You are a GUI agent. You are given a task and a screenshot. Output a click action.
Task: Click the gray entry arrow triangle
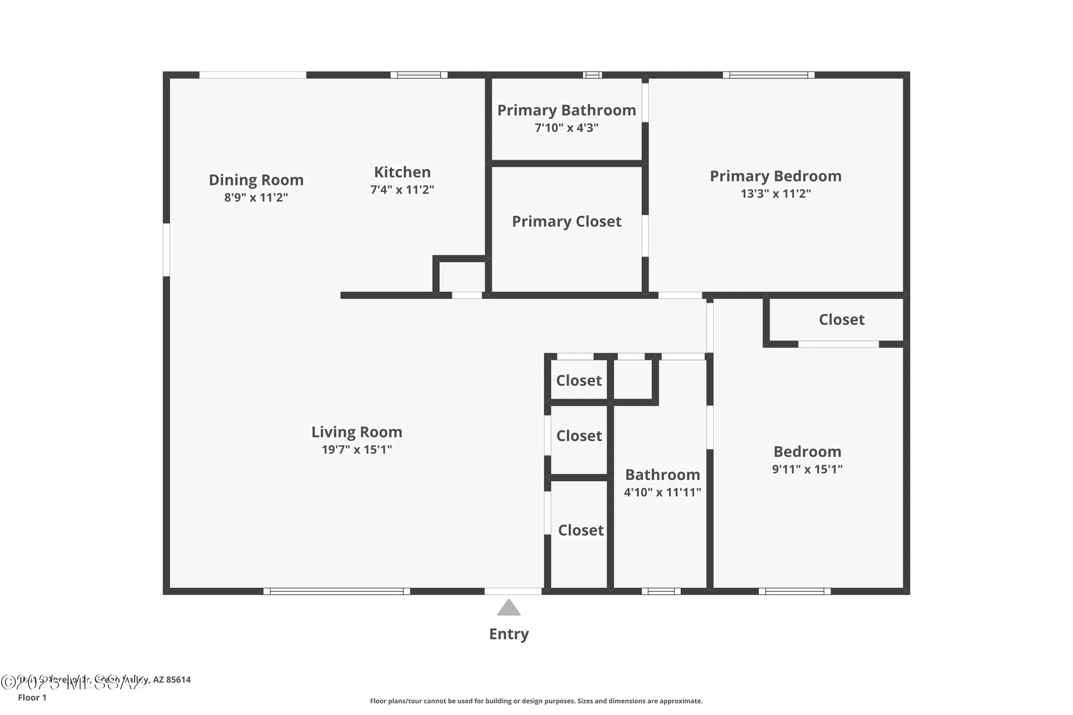pyautogui.click(x=509, y=608)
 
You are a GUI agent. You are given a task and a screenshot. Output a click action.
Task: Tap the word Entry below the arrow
pyautogui.click(x=509, y=634)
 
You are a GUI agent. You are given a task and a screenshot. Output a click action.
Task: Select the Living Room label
pyautogui.click(x=357, y=432)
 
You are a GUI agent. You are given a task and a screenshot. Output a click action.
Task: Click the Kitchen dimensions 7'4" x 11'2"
pyautogui.click(x=402, y=190)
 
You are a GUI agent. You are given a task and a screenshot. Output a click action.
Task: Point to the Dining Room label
pyautogui.click(x=256, y=180)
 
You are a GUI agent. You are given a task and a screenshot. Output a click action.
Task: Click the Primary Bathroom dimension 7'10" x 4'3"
pyautogui.click(x=567, y=128)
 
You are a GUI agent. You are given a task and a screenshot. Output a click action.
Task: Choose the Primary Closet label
pyautogui.click(x=567, y=222)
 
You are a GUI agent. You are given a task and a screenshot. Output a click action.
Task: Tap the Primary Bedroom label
pyautogui.click(x=775, y=176)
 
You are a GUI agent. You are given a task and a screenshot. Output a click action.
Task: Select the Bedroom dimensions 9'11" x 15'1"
pyautogui.click(x=807, y=469)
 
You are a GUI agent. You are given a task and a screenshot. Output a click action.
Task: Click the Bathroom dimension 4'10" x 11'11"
pyautogui.click(x=662, y=492)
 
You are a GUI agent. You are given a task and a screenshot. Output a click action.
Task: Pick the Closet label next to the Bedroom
pyautogui.click(x=841, y=320)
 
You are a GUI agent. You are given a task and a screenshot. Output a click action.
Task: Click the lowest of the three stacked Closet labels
pyautogui.click(x=580, y=530)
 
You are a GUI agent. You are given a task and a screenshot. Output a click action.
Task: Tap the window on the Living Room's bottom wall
pyautogui.click(x=336, y=591)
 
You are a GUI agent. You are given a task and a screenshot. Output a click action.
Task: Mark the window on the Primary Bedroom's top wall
pyautogui.click(x=768, y=75)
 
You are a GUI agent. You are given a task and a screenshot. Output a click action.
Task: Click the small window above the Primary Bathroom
pyautogui.click(x=592, y=75)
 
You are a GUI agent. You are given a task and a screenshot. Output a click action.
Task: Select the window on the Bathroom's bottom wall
pyautogui.click(x=661, y=591)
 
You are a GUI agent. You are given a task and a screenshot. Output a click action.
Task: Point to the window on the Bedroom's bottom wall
pyautogui.click(x=795, y=591)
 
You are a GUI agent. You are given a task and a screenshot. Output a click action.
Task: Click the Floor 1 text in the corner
pyautogui.click(x=32, y=697)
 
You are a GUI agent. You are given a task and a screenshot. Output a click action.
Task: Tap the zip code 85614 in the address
pyautogui.click(x=178, y=680)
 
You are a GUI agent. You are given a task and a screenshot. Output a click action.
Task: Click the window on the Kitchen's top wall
pyautogui.click(x=418, y=75)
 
